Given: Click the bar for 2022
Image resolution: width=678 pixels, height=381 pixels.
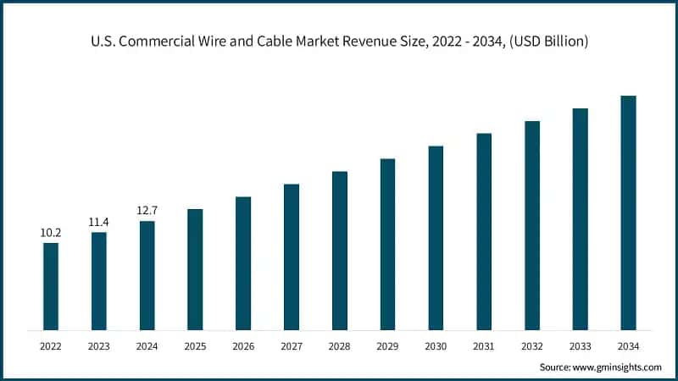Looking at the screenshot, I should coord(51,286).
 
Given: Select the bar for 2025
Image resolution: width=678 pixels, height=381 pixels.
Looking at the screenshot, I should coord(195,269).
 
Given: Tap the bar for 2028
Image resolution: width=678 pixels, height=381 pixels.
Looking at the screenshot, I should coord(340,251).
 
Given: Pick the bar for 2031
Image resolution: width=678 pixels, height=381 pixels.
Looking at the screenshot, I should coord(484,231).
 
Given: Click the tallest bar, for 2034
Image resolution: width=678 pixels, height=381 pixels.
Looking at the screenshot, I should coord(628,213).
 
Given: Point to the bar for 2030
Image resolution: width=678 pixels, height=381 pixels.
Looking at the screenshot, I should coord(436,238).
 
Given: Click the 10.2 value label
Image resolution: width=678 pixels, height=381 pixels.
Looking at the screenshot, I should coord(51,232).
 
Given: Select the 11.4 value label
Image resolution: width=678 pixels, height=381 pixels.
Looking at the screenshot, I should coord(99,222).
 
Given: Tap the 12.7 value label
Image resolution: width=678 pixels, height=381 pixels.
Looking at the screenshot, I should coord(147,210).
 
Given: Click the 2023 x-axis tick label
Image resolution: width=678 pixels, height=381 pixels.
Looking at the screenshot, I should coord(99,345).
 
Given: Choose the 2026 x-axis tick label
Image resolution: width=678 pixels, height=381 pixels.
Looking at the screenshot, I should coord(243,345).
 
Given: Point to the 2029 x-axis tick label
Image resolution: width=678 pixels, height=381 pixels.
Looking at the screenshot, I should coord(387,345).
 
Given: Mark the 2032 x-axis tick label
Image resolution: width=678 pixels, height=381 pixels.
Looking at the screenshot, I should coord(532,345).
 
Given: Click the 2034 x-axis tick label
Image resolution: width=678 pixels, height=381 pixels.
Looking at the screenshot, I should coord(628,345).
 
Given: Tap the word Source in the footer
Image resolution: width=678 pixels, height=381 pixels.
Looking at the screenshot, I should coord(556,367).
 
